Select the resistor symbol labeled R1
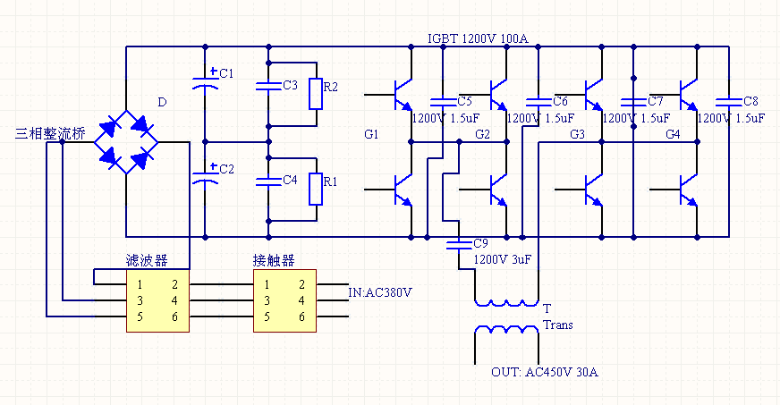tap(316, 189)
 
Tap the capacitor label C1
tap(226, 72)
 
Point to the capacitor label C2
tap(226, 169)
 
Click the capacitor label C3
tap(290, 85)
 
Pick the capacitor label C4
tap(290, 180)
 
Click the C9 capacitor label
tap(480, 243)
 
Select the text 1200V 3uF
tap(503, 259)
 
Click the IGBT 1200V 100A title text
tap(478, 38)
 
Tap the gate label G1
tap(372, 134)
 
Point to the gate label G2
tap(483, 134)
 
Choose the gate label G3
tap(577, 134)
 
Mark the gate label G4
tap(673, 134)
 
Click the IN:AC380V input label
tap(381, 291)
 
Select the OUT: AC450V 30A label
tap(544, 372)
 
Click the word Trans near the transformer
tap(558, 325)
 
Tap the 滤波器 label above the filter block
tap(146, 260)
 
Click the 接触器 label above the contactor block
tap(274, 260)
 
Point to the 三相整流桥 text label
tap(50, 134)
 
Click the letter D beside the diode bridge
tap(162, 102)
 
